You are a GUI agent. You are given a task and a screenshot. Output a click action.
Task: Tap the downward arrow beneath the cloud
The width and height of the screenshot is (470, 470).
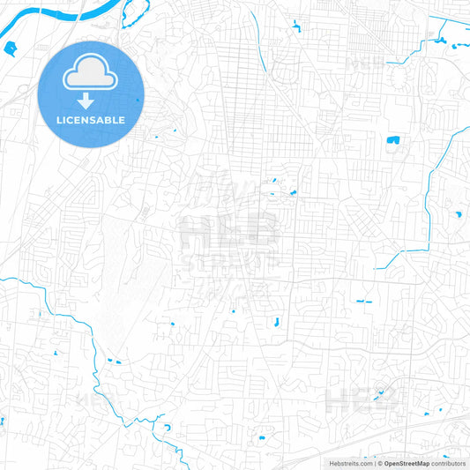click(91, 101)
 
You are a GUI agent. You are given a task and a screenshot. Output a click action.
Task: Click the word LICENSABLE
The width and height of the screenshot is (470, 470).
click(91, 120)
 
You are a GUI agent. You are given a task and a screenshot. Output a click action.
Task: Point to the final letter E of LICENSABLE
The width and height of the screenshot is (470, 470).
click(122, 120)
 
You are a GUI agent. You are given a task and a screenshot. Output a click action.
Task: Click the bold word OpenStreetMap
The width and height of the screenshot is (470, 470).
click(407, 463)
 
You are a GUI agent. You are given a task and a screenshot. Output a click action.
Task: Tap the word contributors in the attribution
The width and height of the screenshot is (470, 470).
click(449, 463)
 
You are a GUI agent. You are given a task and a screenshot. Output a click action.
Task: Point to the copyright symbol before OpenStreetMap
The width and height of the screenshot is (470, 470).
click(380, 463)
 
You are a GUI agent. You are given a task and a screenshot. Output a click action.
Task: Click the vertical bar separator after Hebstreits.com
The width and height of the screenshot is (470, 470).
click(374, 463)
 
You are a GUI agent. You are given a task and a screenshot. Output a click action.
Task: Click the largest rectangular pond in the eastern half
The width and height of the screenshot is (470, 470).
click(392, 139)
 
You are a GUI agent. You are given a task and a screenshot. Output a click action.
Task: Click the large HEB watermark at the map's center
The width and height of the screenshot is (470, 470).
click(230, 233)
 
